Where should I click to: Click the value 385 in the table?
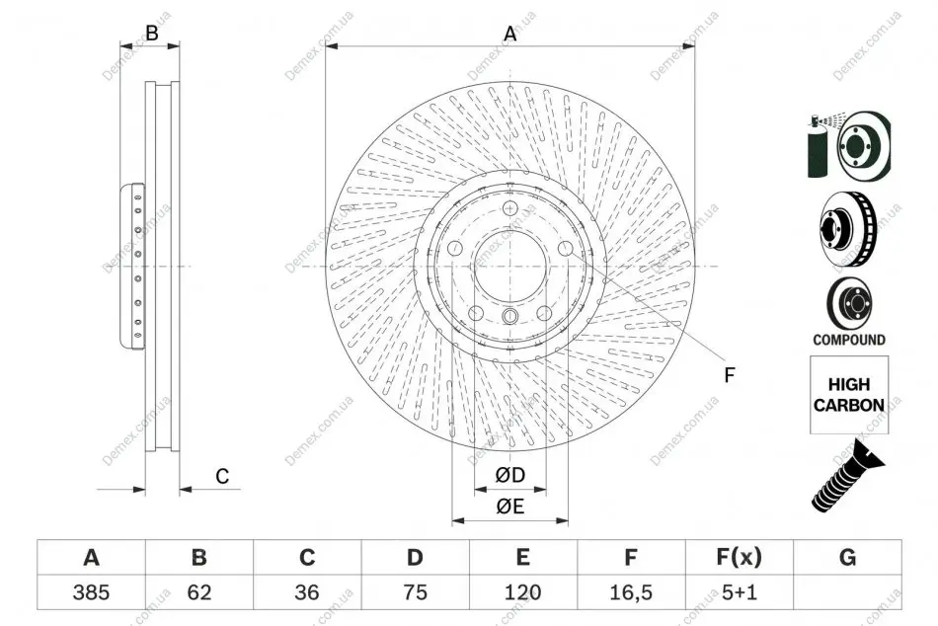pos(91,592)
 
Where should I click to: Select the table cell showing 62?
pos(199,592)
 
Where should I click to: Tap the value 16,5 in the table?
pos(631,592)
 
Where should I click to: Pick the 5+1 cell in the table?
pos(740,592)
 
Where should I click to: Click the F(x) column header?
pos(740,557)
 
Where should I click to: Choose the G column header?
pos(847,557)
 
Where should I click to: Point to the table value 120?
pos(523,592)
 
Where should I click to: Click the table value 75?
pos(415,592)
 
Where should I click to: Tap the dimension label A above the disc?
pos(509,34)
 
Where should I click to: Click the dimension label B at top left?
pos(152,33)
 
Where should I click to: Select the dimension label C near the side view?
pos(222,476)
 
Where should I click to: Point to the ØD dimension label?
pos(509,475)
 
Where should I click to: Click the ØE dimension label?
pos(509,507)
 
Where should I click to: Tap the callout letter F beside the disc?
pos(730,375)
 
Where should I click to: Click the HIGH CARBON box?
pos(849,395)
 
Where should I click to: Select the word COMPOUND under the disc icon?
pos(849,340)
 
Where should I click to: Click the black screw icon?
pos(847,476)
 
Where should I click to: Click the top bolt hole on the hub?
pos(509,208)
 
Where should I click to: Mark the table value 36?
pos(307,592)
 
